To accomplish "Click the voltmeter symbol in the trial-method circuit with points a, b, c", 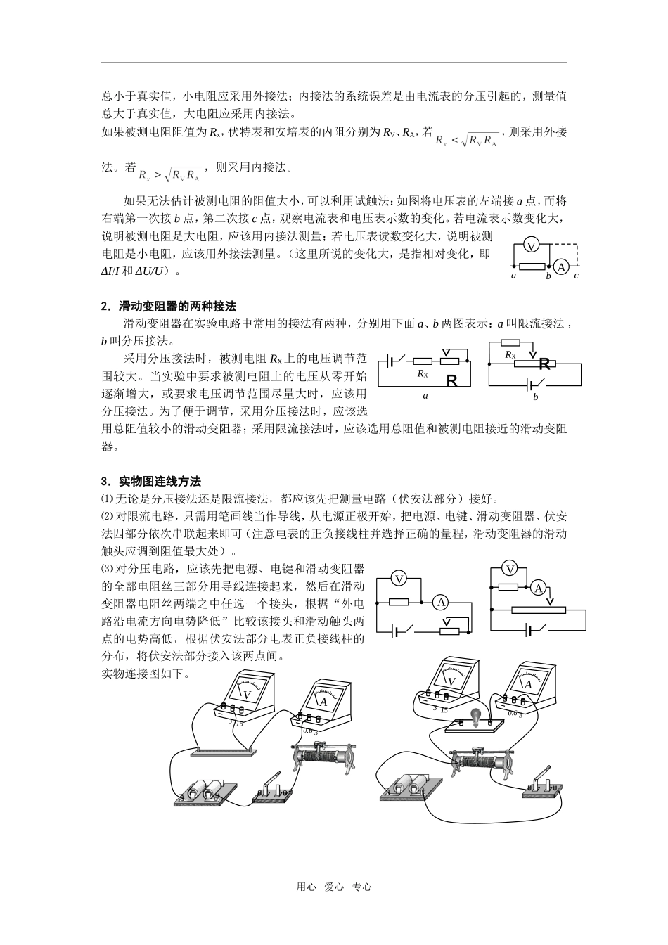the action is pos(532,245).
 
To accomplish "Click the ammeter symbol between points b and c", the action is pos(560,266).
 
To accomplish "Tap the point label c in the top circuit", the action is pos(576,276).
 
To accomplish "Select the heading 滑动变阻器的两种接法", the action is pos(177,307).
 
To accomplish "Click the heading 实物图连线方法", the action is pos(160,482).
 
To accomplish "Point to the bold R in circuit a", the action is pos(451,381).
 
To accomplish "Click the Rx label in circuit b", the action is pos(510,355).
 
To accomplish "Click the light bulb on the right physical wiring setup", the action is pos(475,717).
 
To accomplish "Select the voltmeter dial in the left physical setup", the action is pos(246,690).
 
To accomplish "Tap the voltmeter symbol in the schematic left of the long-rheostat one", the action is pos(399,579).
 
